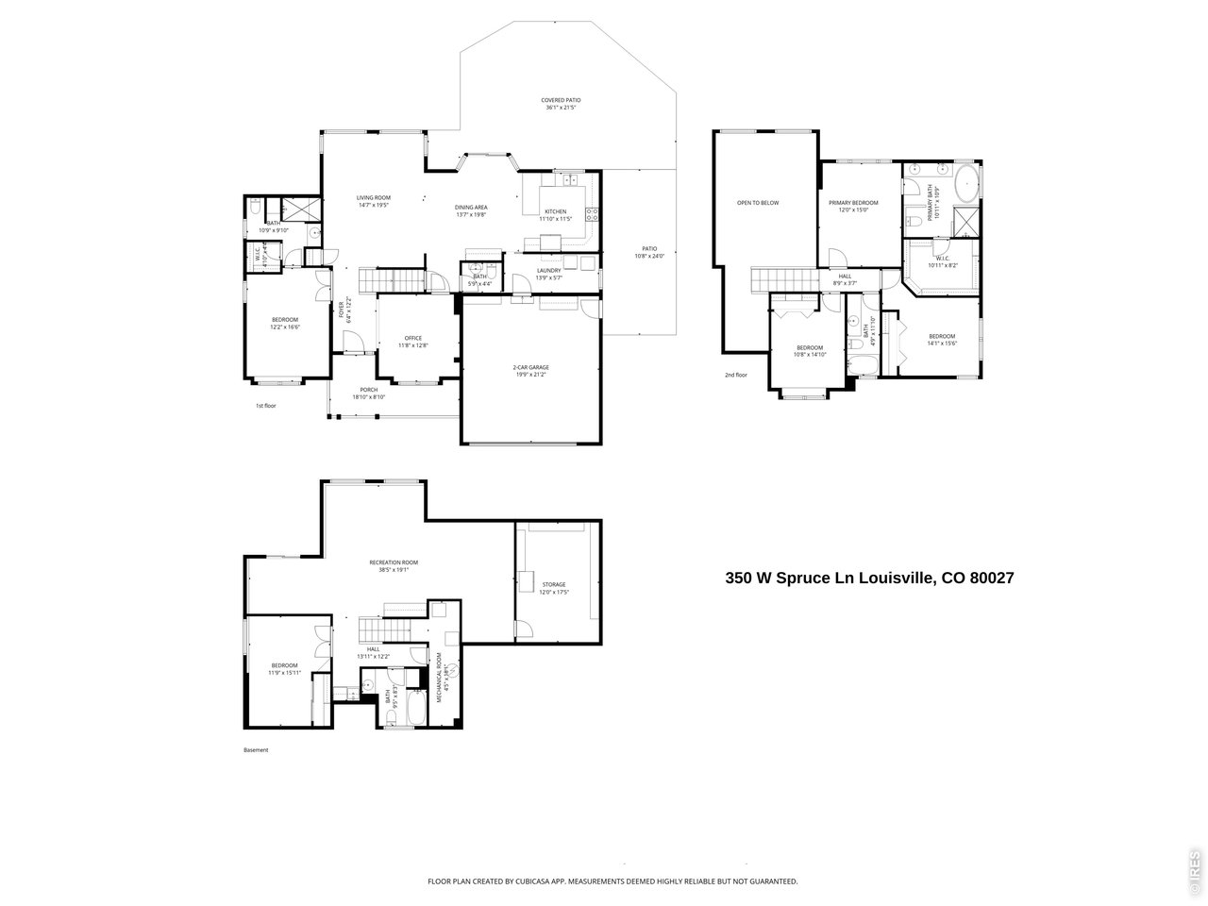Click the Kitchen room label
[553, 211]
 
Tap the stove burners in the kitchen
[593, 213]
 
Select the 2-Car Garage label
[530, 367]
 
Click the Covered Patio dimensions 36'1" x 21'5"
[561, 108]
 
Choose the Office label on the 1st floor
[412, 338]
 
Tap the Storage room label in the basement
[554, 584]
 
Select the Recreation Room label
[393, 562]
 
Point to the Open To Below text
[758, 203]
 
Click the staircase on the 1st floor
[397, 281]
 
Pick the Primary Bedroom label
[853, 203]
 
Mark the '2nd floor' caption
[736, 375]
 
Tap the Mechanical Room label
[440, 676]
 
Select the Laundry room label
[548, 271]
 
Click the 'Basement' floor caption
[256, 750]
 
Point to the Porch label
[369, 390]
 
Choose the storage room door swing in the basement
[523, 629]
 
